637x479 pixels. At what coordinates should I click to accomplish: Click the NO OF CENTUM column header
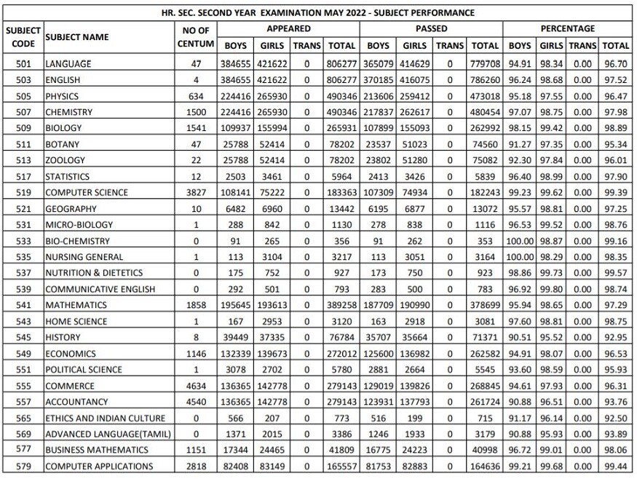[x=196, y=36]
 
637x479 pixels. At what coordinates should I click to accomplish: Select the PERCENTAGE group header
[x=568, y=28]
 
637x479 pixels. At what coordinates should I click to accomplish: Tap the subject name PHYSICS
[x=63, y=96]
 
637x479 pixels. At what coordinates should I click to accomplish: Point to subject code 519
[x=23, y=192]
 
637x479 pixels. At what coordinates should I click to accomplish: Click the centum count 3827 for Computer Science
[x=196, y=192]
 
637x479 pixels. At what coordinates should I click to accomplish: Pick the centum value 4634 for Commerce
[x=196, y=386]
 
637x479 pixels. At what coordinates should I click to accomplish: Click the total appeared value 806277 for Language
[x=341, y=64]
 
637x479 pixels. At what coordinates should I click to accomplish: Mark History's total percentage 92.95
[x=616, y=337]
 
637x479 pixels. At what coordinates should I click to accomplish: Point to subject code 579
[x=23, y=466]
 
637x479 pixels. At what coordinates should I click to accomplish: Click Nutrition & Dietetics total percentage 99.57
[x=616, y=273]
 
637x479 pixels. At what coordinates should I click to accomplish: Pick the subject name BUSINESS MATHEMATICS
[x=90, y=450]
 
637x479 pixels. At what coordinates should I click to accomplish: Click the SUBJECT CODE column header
[x=23, y=36]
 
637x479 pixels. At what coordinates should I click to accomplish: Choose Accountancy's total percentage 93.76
[x=616, y=402]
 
